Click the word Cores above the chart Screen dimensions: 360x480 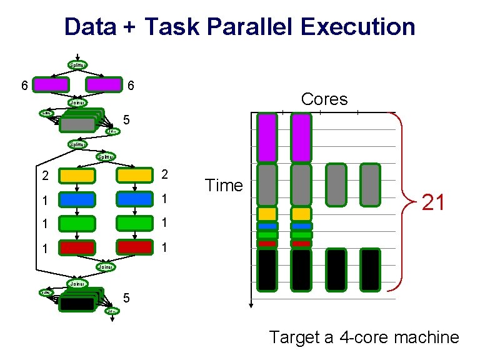coord(324,99)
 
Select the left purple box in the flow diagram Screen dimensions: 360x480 coord(51,84)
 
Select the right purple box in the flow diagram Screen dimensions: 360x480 coord(104,84)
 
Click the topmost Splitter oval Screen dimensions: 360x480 coord(77,64)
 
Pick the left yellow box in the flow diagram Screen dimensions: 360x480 coord(77,175)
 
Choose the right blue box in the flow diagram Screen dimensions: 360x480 coord(134,199)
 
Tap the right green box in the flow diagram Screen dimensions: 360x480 coord(134,223)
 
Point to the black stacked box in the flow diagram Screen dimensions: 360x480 coord(76,304)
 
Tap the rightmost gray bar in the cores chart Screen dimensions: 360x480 coord(370,184)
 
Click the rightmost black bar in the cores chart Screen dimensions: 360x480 coord(370,269)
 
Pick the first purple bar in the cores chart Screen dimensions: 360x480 coord(267,133)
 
